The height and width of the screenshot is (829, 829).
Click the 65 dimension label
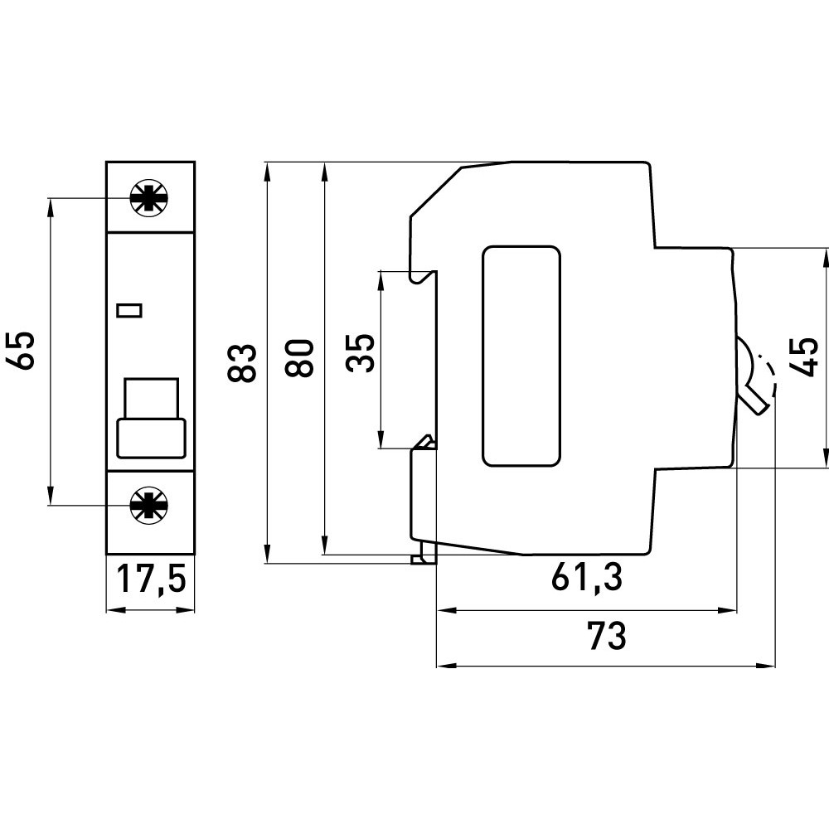point(22,350)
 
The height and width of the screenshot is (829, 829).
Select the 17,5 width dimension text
point(149,579)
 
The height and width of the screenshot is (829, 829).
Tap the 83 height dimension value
point(241,362)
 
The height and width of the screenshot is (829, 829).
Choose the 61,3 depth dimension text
point(586,579)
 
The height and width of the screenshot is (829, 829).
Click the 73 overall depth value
point(606,636)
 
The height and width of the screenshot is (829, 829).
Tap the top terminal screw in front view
point(149,198)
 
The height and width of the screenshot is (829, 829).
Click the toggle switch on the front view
point(151,419)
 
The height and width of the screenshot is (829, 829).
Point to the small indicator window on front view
point(130,311)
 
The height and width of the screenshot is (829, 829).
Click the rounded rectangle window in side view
point(521,356)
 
